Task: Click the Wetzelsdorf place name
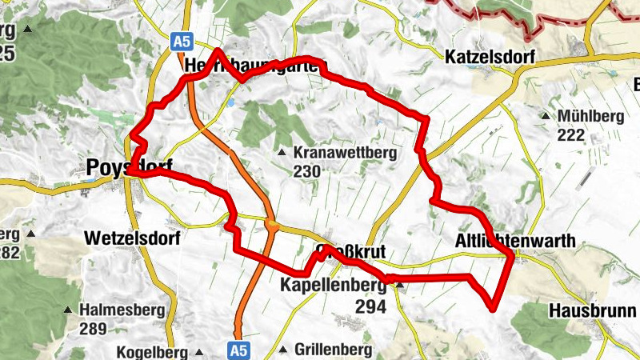[x=131, y=238]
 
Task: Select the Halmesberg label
[x=122, y=310]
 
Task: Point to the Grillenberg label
[x=333, y=350]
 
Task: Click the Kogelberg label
[x=151, y=351]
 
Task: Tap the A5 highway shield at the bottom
[x=238, y=350]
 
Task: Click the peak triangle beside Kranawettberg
[x=281, y=154]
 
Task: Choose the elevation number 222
[x=571, y=134]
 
